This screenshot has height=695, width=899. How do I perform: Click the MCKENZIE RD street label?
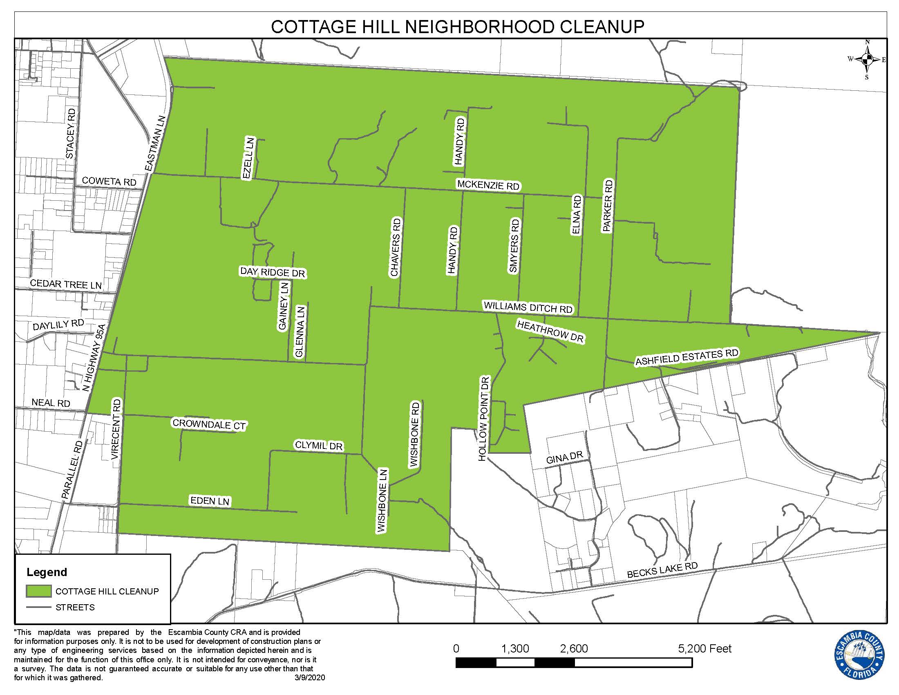point(488,185)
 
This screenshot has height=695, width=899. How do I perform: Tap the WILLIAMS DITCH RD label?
point(528,307)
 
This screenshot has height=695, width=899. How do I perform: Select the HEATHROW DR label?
point(550,332)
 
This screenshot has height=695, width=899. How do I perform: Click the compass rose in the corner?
point(867,60)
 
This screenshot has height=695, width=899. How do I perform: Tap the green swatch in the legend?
point(39,591)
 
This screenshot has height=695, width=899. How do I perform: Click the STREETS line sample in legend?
point(39,607)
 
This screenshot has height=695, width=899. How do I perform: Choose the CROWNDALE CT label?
point(209,424)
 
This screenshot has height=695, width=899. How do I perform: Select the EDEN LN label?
point(210,501)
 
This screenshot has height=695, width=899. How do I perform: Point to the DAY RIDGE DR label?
point(273,272)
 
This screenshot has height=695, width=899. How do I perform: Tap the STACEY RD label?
point(71,133)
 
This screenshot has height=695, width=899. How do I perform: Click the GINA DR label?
point(564,457)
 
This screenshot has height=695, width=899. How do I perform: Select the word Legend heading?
point(47,572)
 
